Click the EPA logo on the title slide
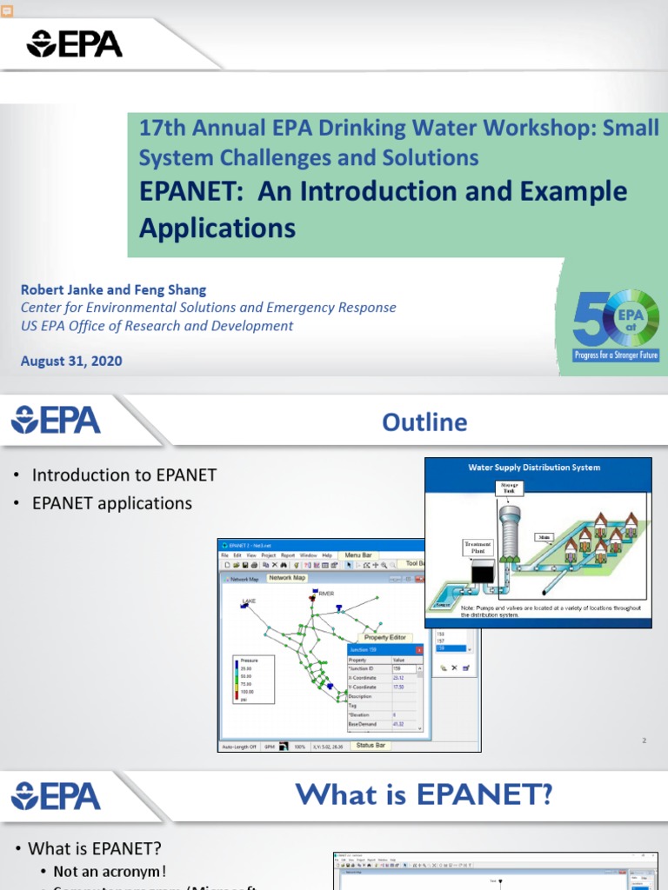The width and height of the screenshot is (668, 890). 75,43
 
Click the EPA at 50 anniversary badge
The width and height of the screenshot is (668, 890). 616,326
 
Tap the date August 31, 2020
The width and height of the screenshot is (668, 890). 71,361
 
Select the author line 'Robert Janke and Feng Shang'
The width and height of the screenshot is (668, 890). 113,289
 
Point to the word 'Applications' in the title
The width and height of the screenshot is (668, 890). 217,228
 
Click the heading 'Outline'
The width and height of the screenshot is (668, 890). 424,422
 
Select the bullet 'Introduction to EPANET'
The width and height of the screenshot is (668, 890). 124,475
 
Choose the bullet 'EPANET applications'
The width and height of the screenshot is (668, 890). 111,503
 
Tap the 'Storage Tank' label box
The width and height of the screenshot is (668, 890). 508,488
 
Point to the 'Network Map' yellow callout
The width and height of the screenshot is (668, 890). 286,578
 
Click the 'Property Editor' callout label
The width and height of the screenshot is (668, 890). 385,638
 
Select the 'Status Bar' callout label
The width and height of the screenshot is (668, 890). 371,745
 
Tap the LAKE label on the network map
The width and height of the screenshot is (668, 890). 249,601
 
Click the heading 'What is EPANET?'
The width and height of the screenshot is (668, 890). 424,794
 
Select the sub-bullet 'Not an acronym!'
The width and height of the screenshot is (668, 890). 110,872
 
